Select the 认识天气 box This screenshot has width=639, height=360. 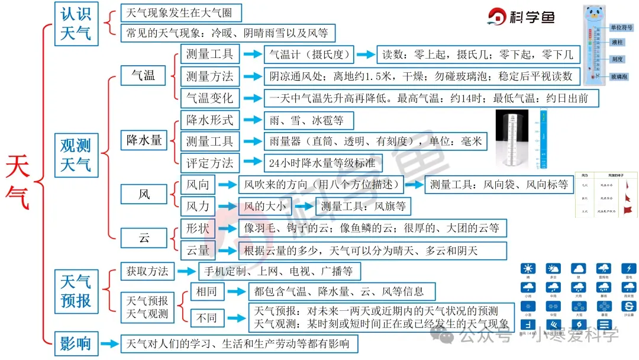(x=76, y=23)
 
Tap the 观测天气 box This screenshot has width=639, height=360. (x=76, y=154)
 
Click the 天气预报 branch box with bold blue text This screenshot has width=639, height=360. (x=76, y=290)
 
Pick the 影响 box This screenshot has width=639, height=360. (x=76, y=343)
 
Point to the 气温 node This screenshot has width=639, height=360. (x=144, y=75)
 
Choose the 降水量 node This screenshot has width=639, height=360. (x=144, y=140)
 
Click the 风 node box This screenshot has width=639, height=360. (x=144, y=194)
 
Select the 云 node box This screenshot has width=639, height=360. (x=144, y=238)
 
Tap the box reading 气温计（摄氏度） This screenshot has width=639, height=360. (x=308, y=54)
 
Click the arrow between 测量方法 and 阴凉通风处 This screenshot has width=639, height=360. (x=253, y=76)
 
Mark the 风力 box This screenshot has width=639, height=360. (x=198, y=207)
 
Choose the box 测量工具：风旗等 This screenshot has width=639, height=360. (x=363, y=207)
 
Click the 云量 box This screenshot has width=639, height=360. (x=198, y=250)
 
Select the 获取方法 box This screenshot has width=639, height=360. (x=147, y=271)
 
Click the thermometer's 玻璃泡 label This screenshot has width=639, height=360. (x=619, y=77)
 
